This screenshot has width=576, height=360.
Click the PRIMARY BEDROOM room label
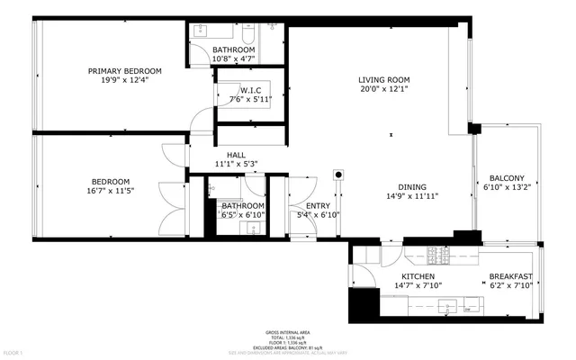pos(124,71)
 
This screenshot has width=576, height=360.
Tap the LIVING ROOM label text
pos(384,80)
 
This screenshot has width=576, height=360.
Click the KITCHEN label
pos(418,276)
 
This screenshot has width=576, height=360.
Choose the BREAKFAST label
pos(510,276)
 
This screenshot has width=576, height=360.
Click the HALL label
pos(237,155)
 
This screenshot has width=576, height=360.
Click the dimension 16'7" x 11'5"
pos(110,191)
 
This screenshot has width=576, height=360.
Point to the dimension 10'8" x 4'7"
pos(234,58)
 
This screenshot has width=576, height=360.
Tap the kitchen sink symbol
pos(447,309)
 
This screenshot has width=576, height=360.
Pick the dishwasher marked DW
pos(468,310)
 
